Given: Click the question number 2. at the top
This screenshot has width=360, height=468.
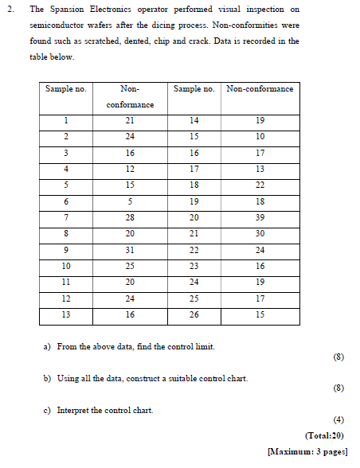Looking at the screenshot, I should (11, 10).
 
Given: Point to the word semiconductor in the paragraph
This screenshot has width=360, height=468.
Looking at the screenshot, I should (53, 25).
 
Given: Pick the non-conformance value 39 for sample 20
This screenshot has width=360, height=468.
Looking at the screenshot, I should (260, 217).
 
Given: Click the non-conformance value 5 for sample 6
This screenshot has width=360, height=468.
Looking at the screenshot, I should (130, 201).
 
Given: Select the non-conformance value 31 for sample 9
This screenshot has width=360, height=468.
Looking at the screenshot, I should (130, 250).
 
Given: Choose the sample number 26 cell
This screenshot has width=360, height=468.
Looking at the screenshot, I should (194, 314).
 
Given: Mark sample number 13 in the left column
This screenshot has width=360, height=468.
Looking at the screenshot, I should (65, 314).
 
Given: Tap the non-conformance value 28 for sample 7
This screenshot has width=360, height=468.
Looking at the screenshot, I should (130, 217).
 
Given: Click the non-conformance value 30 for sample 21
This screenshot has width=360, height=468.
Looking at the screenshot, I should (260, 233).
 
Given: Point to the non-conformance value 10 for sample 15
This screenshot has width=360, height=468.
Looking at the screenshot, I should (260, 136).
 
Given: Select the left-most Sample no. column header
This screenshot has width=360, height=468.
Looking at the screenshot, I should (65, 88).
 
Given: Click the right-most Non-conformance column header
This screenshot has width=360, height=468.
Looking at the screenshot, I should (260, 88).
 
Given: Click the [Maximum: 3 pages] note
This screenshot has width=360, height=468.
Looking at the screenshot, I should (308, 450).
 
